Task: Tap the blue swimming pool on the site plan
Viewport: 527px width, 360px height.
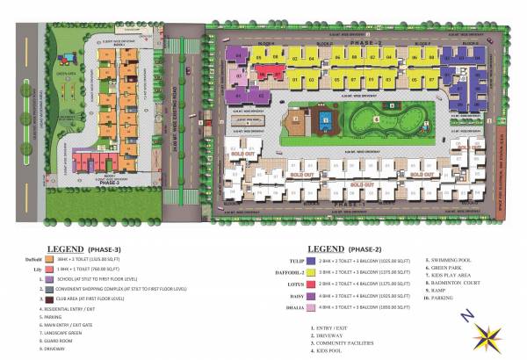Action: click(326, 118)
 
